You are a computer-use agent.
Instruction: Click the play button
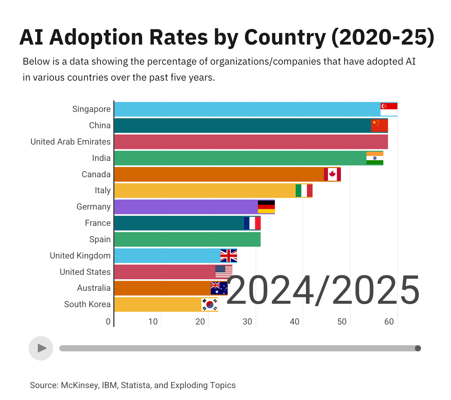(x=41, y=348)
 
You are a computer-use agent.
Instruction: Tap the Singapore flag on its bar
(x=389, y=109)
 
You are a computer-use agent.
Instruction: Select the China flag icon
(x=379, y=126)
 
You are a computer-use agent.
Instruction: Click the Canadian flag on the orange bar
(x=332, y=174)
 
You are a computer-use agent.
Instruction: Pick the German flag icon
(x=266, y=207)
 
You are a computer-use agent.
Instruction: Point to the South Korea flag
(x=209, y=304)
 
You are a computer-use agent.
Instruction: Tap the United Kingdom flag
(x=229, y=255)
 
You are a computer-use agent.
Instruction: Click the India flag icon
(x=375, y=158)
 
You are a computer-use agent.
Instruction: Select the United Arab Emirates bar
(x=251, y=142)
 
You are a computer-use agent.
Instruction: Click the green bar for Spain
(x=187, y=239)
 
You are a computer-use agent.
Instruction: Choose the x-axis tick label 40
(x=294, y=322)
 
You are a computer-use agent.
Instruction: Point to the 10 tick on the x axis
(x=153, y=322)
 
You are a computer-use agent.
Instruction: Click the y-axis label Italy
(x=103, y=190)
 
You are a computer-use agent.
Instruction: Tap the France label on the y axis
(x=98, y=223)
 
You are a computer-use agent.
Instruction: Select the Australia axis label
(x=94, y=288)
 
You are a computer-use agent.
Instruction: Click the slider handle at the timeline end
(x=418, y=348)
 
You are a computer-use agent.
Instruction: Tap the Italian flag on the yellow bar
(x=304, y=190)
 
